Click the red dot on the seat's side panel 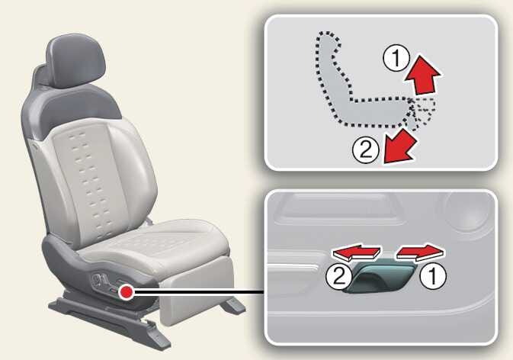click(x=126, y=291)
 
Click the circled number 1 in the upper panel click(x=396, y=58)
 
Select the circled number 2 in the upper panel click(x=366, y=150)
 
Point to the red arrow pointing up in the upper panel click(x=423, y=75)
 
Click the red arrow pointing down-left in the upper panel click(x=399, y=146)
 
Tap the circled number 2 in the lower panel click(x=339, y=277)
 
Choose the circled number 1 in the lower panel click(x=433, y=277)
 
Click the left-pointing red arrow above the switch click(x=357, y=252)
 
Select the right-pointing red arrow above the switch click(x=421, y=252)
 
